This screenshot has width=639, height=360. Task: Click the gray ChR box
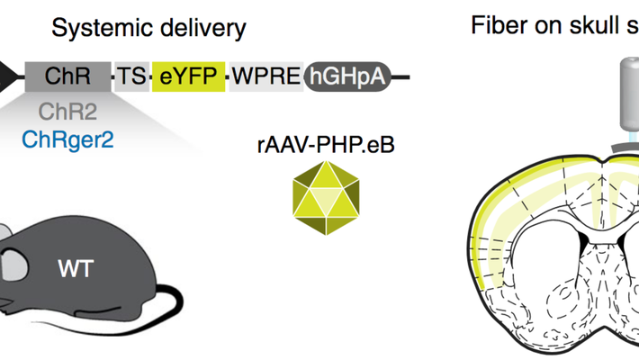click(x=67, y=76)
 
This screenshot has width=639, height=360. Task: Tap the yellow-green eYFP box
click(x=189, y=76)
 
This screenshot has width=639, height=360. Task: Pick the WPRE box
click(x=266, y=76)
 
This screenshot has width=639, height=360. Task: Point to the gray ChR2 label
click(x=67, y=112)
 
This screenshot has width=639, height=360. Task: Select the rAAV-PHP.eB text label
click(x=326, y=144)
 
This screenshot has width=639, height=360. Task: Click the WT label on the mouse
click(x=76, y=267)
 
